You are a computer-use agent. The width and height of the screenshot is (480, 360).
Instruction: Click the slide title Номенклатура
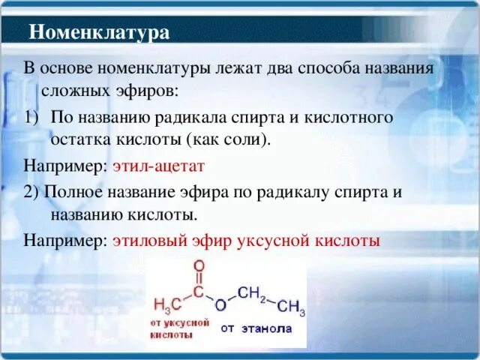point(99,32)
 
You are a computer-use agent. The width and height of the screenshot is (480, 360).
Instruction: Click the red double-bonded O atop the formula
point(199,265)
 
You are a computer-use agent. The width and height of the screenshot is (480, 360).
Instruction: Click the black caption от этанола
point(256,328)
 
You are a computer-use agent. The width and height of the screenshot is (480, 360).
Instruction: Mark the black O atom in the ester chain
point(220,305)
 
